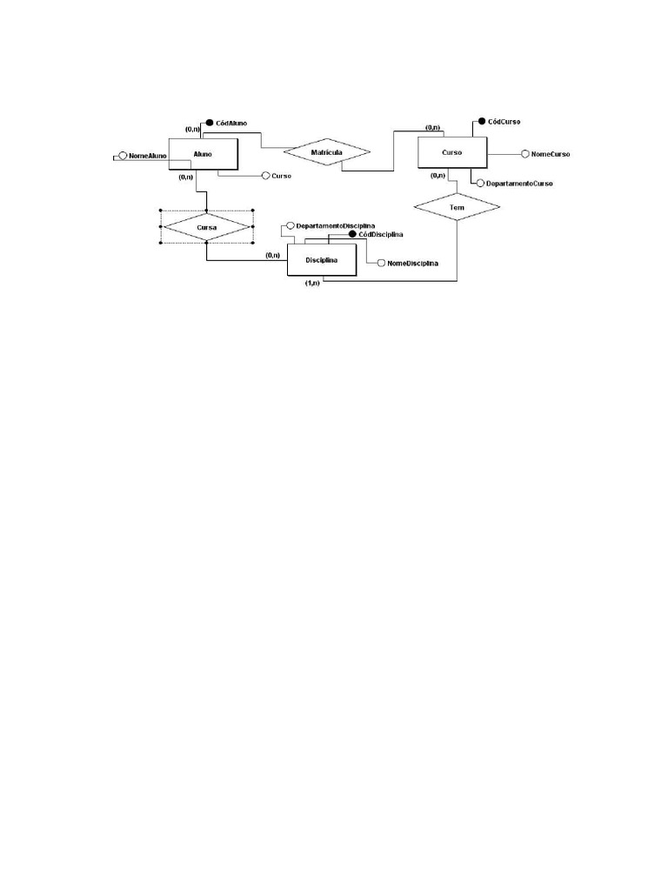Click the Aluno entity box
(x=203, y=154)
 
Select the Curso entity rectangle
(x=452, y=152)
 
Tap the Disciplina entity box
(x=322, y=260)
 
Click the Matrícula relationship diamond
(x=327, y=151)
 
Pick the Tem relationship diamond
(x=457, y=207)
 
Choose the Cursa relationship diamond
(x=206, y=227)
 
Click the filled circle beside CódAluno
(x=209, y=123)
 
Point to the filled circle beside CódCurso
(x=482, y=121)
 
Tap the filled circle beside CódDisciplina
(x=352, y=234)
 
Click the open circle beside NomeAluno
(x=123, y=156)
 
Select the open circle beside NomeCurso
(x=525, y=154)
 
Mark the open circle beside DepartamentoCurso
(x=480, y=184)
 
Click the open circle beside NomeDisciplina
(x=382, y=263)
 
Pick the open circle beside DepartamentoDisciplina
(x=291, y=225)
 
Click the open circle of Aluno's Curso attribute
(x=265, y=176)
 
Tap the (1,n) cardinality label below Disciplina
(x=312, y=283)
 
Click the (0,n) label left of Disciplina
(x=272, y=255)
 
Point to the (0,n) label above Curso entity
(x=433, y=127)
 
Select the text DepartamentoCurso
(x=519, y=184)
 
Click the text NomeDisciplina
(x=412, y=263)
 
